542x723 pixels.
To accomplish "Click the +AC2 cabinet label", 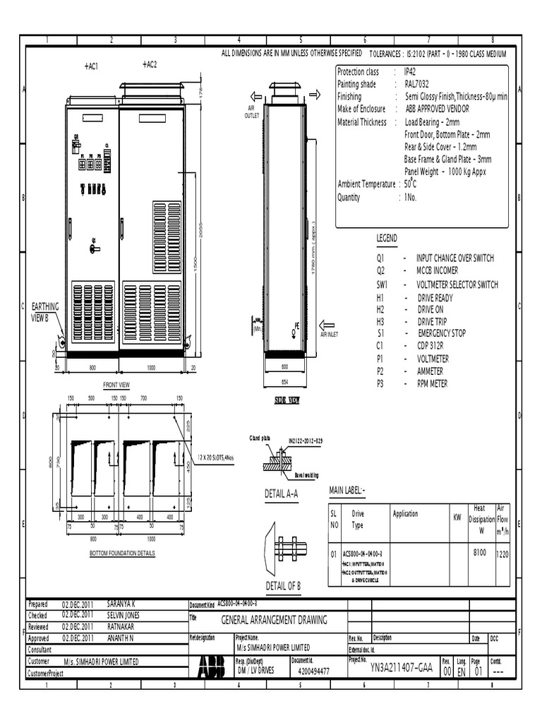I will pos(149,64).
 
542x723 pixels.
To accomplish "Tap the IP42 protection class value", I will pos(410,72).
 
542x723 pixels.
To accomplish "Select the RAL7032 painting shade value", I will pos(415,84).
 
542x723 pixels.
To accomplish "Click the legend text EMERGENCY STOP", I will pos(441,333).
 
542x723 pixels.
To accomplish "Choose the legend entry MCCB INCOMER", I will pos(437,270).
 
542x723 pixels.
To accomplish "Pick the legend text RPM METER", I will pos(432,384).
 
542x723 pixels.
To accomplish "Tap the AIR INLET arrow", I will pos(327,325).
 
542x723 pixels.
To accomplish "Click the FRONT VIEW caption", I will pos(116,385).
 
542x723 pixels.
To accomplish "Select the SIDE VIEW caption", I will pos(287,400).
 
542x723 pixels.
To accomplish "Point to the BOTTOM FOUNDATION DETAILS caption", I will pos(122,554).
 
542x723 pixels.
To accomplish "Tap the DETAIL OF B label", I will pos(284,586).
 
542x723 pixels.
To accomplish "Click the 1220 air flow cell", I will pos(502,555).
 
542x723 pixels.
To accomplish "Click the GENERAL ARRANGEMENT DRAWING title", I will pos(275,620).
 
